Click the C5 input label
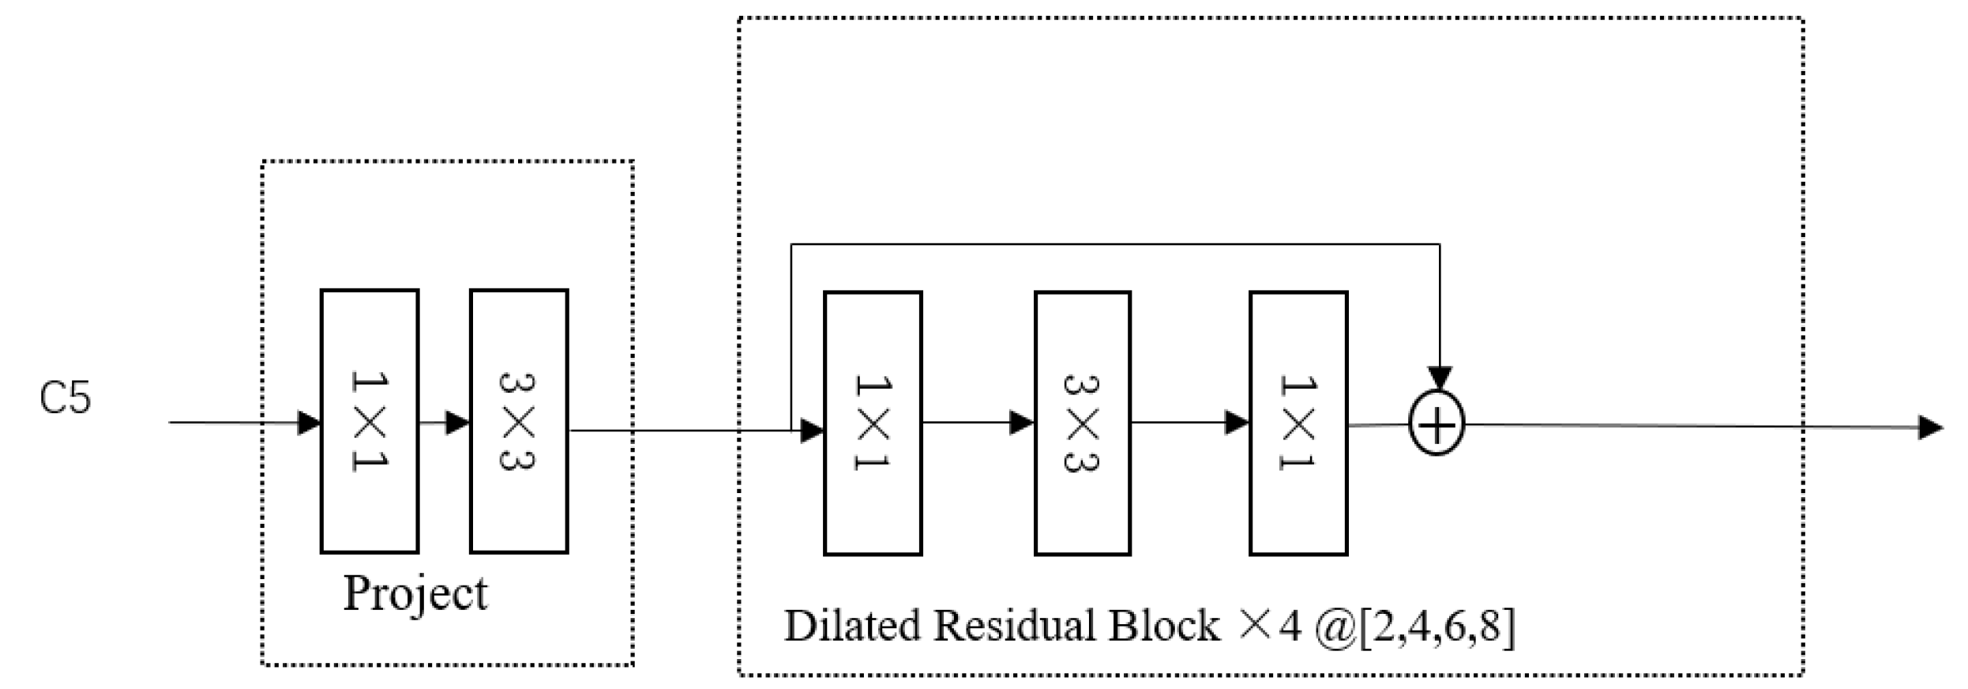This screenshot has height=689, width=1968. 66,397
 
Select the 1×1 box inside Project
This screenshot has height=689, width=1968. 370,421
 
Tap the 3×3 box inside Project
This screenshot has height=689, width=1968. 519,421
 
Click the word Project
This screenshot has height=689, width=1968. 415,594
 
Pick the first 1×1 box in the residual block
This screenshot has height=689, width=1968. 873,424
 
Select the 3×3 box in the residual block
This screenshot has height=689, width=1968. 1083,424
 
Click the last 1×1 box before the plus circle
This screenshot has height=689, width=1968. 1298,424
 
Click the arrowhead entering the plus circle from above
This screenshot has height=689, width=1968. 1440,378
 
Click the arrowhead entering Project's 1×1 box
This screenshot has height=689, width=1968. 309,423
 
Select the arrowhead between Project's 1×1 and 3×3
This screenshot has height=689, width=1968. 457,423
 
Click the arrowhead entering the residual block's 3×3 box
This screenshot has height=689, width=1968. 1022,423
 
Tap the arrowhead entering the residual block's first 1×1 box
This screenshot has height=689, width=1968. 812,431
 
